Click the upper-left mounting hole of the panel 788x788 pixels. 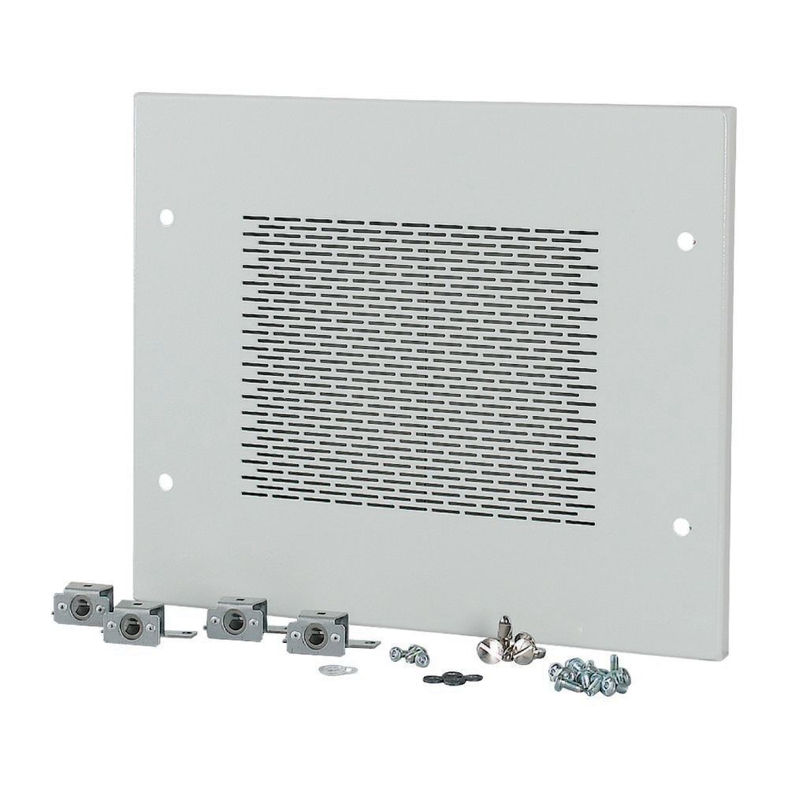click(x=166, y=214)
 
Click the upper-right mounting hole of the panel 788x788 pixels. click(x=685, y=237)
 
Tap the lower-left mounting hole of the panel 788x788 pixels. click(x=165, y=480)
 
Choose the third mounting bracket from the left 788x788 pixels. click(x=236, y=618)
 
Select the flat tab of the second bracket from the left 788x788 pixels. click(x=184, y=632)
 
